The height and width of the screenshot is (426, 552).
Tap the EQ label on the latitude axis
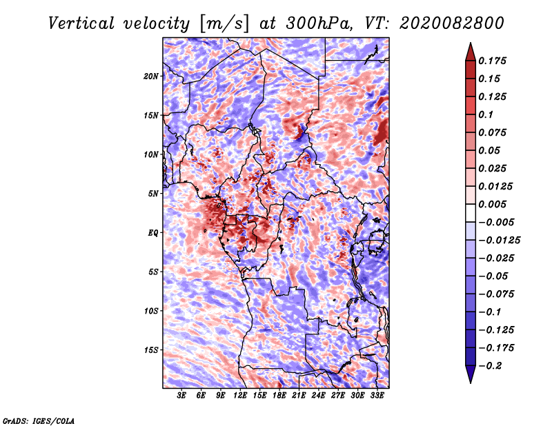pyautogui.click(x=153, y=232)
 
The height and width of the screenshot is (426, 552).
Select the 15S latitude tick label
pyautogui.click(x=151, y=349)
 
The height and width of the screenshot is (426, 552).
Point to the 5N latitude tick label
pyautogui.click(x=153, y=193)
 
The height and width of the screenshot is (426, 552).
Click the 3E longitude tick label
pyautogui.click(x=182, y=396)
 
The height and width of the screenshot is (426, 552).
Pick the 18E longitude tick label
pyautogui.click(x=279, y=396)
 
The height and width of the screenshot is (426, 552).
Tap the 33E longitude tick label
pyautogui.click(x=377, y=396)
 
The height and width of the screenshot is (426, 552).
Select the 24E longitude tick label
pyautogui.click(x=319, y=396)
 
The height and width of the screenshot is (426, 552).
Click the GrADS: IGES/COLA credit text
pyautogui.click(x=39, y=420)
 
